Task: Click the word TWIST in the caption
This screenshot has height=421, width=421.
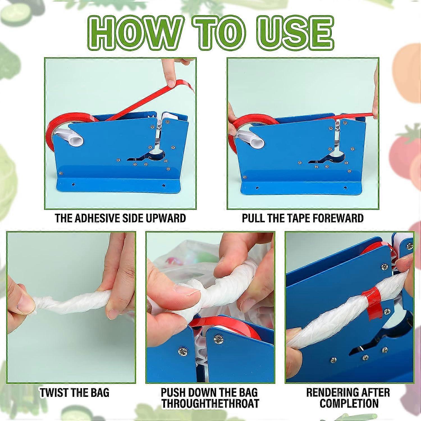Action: [56, 392]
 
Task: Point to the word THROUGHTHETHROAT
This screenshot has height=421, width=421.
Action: [210, 403]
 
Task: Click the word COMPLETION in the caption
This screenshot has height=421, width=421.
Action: [349, 403]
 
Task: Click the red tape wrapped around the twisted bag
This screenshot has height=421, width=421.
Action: [370, 304]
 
